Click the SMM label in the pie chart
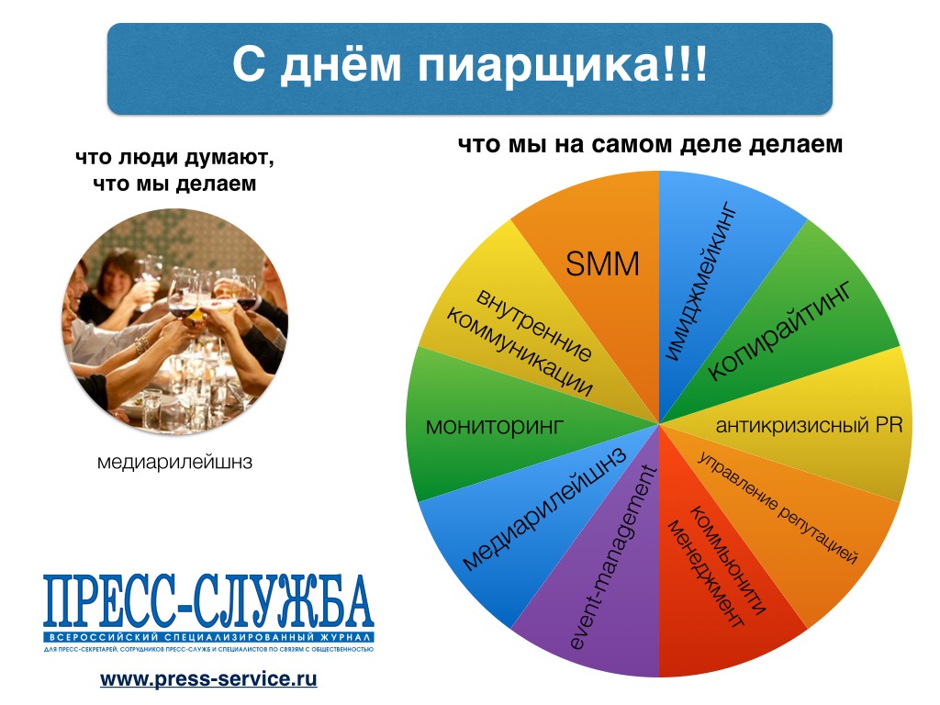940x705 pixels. [x=602, y=263]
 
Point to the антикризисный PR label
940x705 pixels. [x=809, y=425]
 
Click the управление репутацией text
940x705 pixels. [x=778, y=507]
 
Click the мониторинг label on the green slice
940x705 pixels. [x=495, y=426]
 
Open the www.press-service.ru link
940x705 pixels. [x=208, y=679]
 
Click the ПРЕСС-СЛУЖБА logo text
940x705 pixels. [x=208, y=600]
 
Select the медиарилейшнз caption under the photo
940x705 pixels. [x=174, y=463]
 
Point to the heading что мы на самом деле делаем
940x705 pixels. [x=651, y=144]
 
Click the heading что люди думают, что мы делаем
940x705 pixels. [x=174, y=170]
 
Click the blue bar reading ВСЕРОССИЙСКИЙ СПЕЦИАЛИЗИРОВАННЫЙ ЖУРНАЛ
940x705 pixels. [x=208, y=637]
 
